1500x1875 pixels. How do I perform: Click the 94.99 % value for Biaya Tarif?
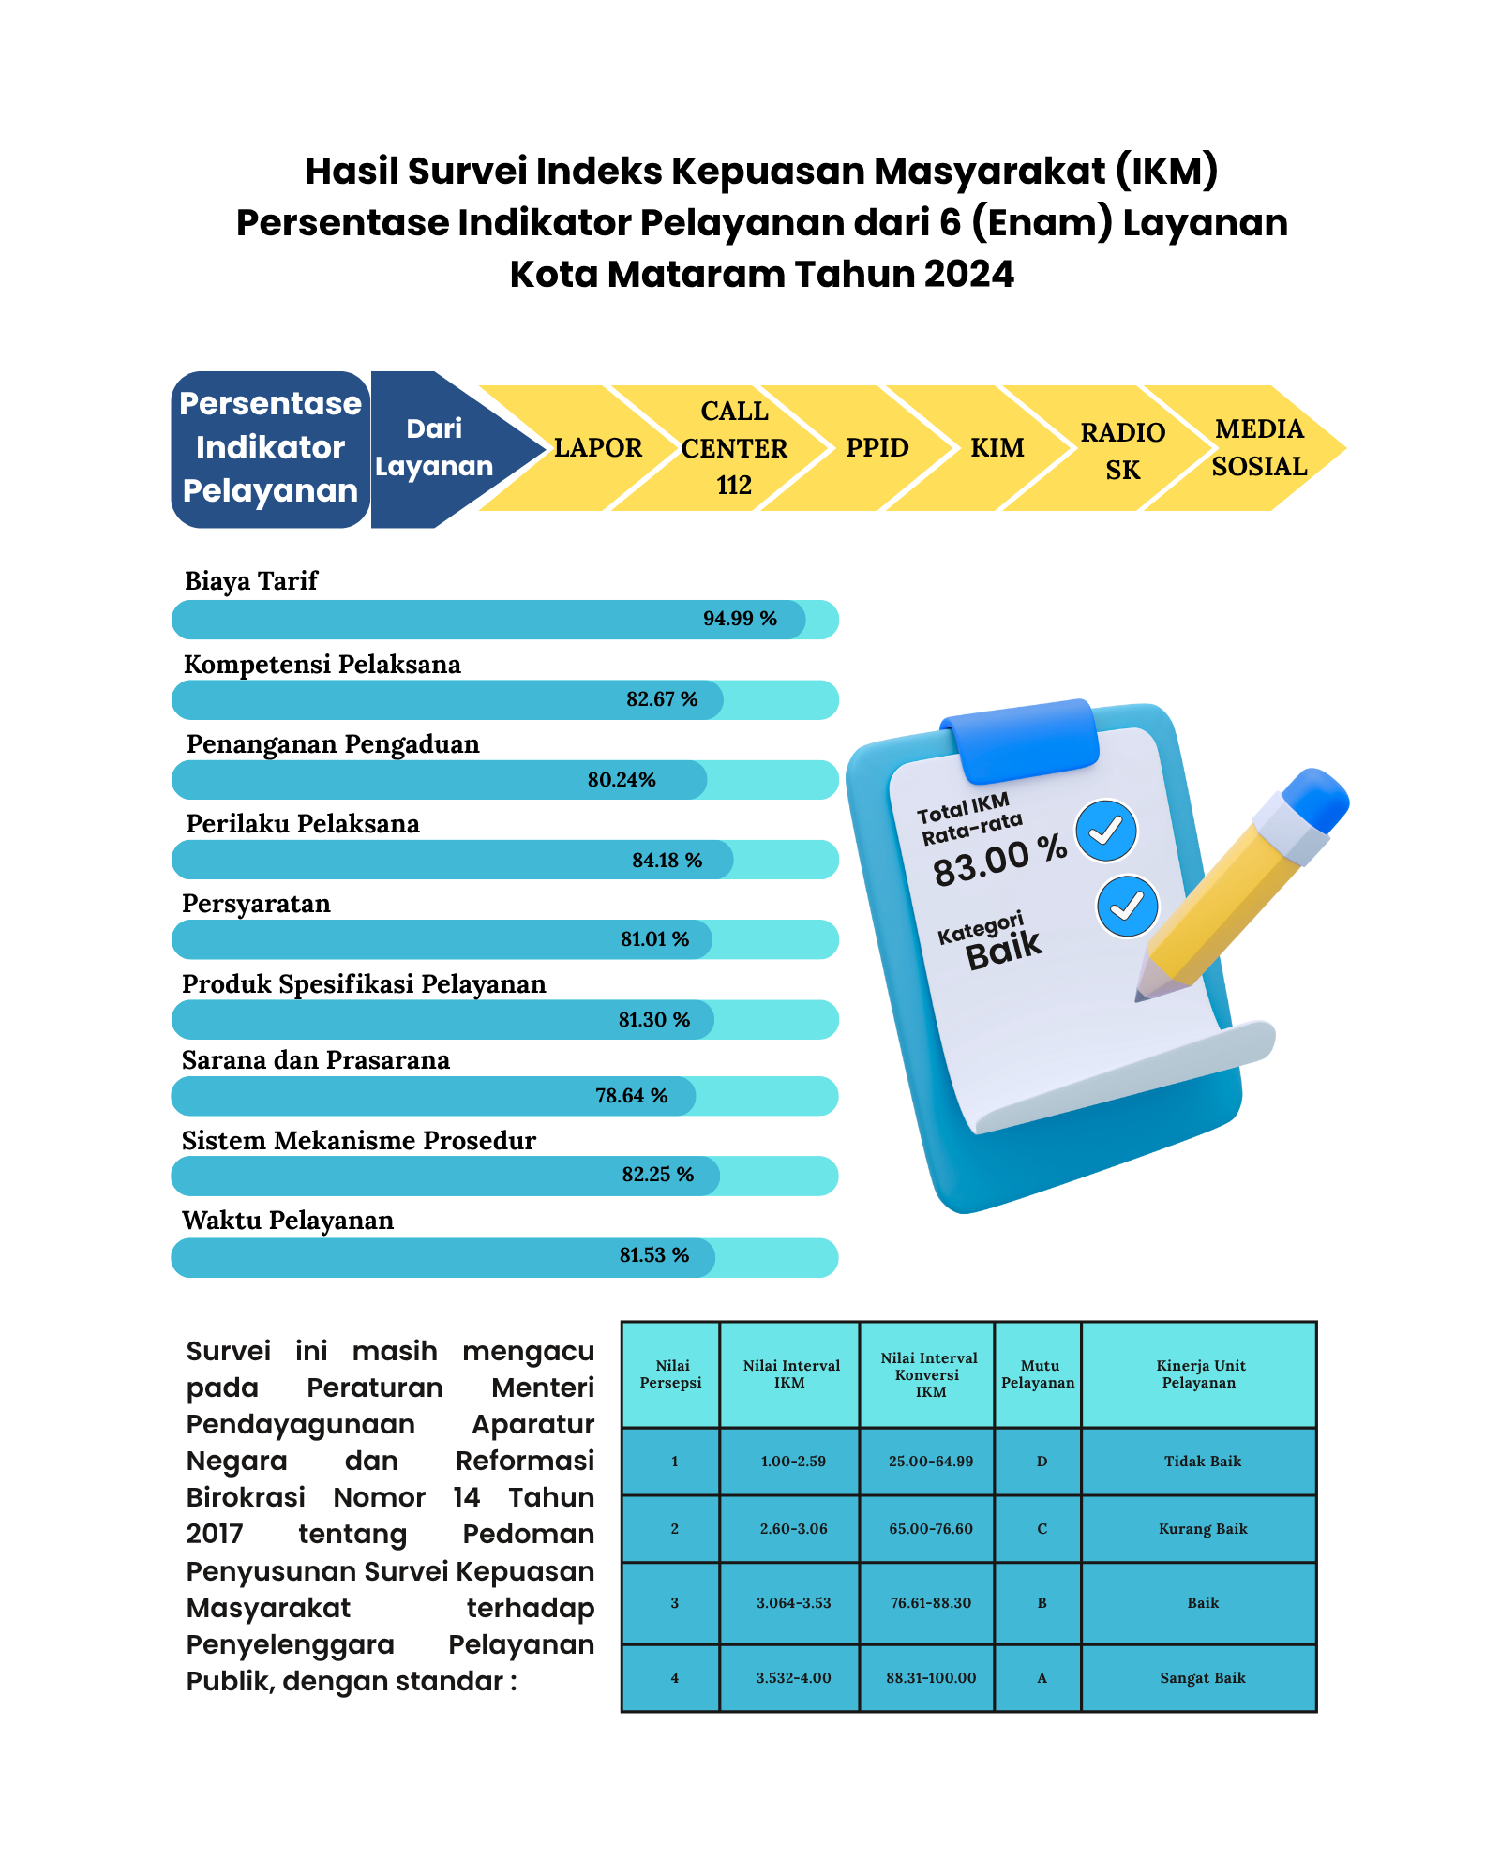(740, 619)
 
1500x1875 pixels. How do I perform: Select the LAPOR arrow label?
(598, 448)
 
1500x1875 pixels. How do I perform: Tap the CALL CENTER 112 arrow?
(734, 448)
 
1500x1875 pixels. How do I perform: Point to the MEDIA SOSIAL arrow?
(1259, 448)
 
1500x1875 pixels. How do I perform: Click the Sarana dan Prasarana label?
(316, 1060)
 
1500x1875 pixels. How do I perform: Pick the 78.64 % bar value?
(631, 1096)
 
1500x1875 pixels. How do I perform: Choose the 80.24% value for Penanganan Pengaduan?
(622, 780)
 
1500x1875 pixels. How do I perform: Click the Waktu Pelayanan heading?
(288, 1221)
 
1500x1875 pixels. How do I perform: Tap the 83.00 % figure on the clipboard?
(999, 860)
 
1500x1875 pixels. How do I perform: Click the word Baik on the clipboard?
(1004, 950)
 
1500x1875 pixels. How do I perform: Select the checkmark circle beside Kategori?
(1127, 907)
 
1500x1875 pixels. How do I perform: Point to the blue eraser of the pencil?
(1316, 799)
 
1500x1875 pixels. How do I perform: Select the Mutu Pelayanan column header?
(1038, 1374)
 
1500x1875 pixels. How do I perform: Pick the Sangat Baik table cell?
(1202, 1678)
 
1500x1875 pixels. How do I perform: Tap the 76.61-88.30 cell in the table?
(930, 1603)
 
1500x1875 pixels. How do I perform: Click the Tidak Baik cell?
(1202, 1462)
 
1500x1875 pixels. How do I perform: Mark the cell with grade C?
(1042, 1529)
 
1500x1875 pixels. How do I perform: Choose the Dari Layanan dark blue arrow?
(441, 448)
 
